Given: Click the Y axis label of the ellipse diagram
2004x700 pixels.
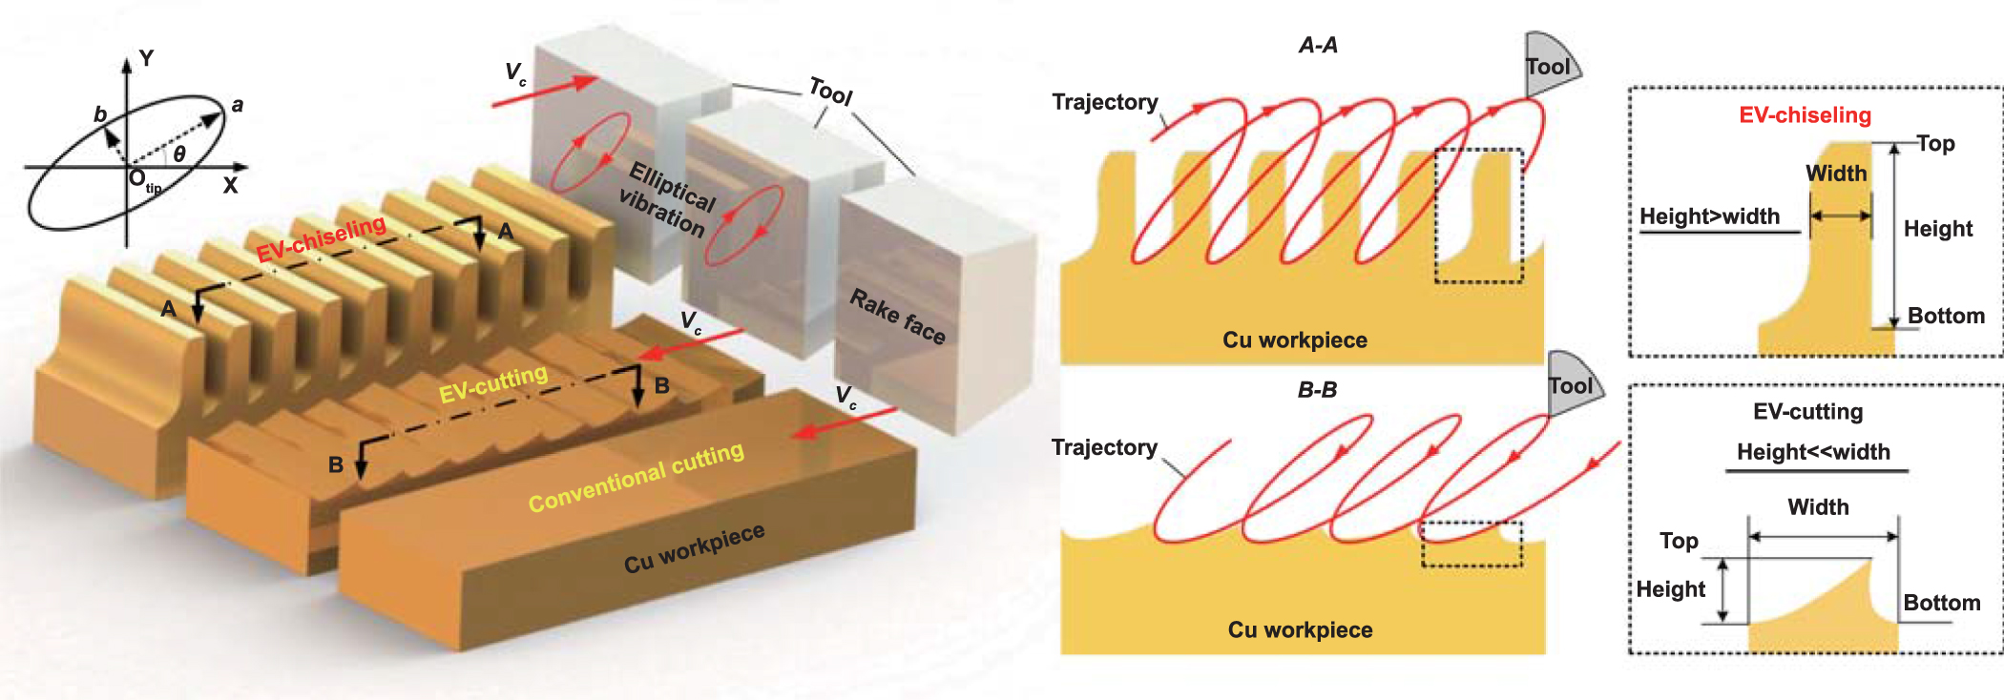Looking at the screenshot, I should pos(146,58).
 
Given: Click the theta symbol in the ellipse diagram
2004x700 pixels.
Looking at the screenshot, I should pos(178,154).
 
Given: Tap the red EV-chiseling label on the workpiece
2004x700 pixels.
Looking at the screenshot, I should pos(321,239).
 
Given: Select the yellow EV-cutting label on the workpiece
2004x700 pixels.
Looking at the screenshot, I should pos(492,383).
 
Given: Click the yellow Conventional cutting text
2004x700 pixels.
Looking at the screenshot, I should pos(636,477).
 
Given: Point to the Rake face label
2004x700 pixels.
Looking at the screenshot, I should pos(897,316).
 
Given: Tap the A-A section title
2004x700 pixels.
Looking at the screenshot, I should pos(1318,45).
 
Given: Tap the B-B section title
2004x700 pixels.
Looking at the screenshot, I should pos(1317,389).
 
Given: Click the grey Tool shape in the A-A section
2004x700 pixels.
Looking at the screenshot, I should pos(1549,65).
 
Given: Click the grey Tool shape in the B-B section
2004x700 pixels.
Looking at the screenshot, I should pos(1572,384).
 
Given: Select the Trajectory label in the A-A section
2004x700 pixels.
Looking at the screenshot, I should pos(1104,102).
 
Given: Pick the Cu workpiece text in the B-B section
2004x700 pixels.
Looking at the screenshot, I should pos(1300,629).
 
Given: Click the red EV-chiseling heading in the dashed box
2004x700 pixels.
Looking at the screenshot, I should pos(1805,115).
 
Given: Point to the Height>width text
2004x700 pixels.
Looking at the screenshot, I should pos(1709,216).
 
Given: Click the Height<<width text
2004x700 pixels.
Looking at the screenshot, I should pos(1813,452).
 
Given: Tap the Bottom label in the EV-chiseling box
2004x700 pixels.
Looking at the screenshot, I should pos(1946,316).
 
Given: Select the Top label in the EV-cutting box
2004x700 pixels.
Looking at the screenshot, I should pos(1679,541).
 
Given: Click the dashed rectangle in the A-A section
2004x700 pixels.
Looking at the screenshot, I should pos(1479,216).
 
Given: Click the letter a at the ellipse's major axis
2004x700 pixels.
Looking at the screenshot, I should pos(238,105).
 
